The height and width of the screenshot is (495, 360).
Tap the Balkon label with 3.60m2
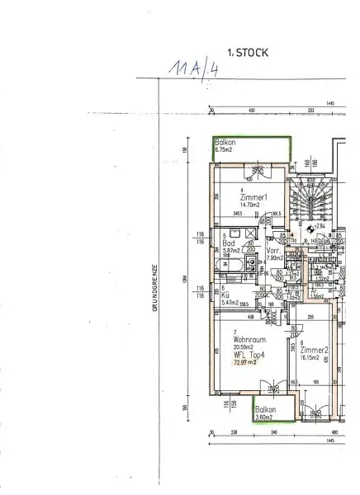(x=267, y=414)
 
